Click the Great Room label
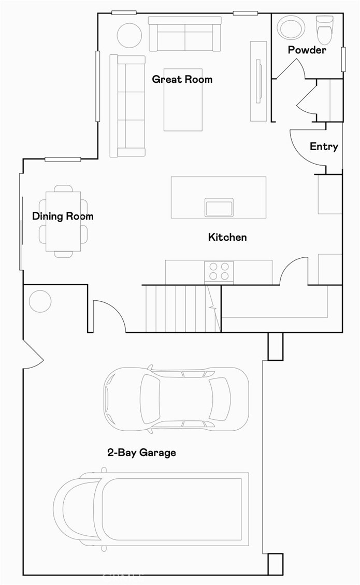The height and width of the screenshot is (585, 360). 182,79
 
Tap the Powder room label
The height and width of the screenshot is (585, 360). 307,50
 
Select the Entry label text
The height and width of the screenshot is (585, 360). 324,147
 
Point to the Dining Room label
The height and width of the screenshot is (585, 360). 63,216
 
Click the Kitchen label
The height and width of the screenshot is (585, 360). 227,237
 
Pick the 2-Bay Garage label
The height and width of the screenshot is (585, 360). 141,452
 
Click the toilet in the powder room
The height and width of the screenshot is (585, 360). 324,30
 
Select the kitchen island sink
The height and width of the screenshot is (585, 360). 219,207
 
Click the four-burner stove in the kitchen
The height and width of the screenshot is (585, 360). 219,271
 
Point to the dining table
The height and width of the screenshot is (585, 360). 63,222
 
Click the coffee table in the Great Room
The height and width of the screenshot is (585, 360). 183,99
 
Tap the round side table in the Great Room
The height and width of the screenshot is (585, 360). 129,36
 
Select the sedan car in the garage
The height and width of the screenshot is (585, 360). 176,399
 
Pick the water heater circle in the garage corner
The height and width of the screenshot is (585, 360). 40,301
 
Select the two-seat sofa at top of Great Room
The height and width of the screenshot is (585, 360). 184,35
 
